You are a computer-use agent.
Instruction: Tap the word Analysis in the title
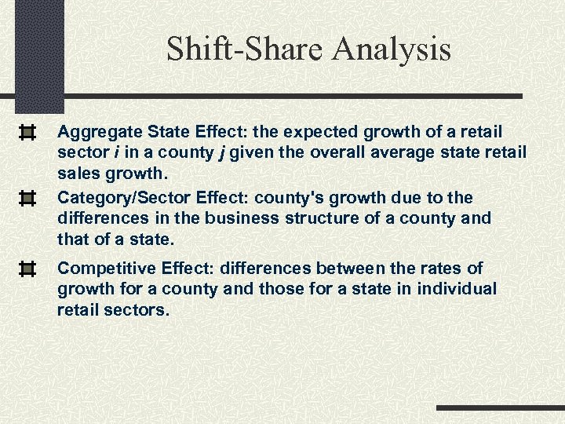392,49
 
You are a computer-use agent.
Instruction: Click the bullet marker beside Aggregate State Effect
27,132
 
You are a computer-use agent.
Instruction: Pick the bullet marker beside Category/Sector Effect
27,198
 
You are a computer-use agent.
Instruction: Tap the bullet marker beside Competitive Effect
27,270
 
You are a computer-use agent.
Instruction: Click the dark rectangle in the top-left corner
38,55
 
